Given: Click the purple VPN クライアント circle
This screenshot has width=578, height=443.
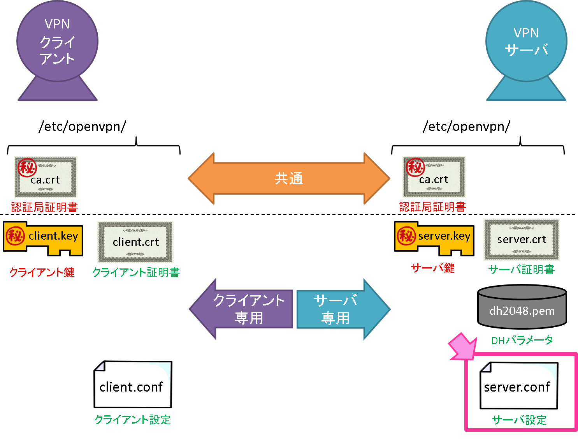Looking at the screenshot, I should tap(57, 41).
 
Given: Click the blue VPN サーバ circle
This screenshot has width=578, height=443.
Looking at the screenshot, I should tap(526, 41).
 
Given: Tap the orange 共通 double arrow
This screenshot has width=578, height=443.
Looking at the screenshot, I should tap(289, 178).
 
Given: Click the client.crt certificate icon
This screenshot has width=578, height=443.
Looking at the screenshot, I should tap(135, 242).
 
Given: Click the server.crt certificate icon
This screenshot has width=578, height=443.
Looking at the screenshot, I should tap(522, 240).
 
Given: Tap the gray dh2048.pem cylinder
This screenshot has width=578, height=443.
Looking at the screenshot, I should tap(522, 308).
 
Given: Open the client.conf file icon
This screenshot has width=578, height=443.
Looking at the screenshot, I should tap(132, 384).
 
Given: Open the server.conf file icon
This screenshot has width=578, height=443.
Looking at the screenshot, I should tap(519, 385).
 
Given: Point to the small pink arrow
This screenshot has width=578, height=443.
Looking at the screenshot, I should tap(463, 346).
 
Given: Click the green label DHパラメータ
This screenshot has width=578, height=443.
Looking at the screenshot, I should tap(522, 340).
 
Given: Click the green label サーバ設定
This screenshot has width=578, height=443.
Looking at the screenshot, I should tap(519, 420).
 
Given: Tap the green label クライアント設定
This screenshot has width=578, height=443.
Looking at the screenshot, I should tap(133, 420).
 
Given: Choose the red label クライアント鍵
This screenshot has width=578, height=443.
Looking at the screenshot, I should tap(42, 272).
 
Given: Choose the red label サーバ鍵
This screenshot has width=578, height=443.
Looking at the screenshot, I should tap(433, 268).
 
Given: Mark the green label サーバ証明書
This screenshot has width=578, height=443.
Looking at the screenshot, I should tap(521, 270).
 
